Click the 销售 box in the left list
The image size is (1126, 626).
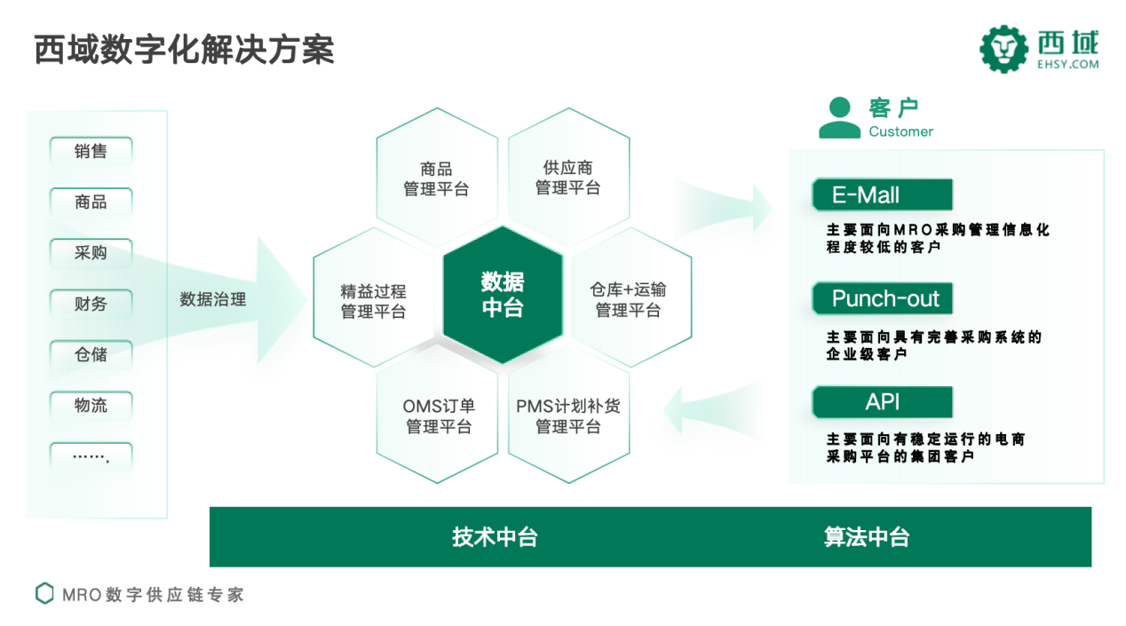[91, 152]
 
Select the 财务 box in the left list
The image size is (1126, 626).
[91, 304]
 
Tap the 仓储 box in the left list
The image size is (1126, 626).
[91, 354]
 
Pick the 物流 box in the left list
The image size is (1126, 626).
[91, 405]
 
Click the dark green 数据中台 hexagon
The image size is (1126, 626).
[503, 295]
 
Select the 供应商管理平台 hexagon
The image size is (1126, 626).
[568, 178]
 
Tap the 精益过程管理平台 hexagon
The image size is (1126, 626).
[373, 301]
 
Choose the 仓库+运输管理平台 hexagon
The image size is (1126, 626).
[628, 299]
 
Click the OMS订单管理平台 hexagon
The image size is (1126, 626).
[439, 416]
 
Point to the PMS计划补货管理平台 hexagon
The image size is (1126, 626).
[568, 416]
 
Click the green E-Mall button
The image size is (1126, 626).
[882, 195]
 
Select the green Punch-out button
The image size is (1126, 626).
[882, 299]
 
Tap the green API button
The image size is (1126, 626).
[882, 402]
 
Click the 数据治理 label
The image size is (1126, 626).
[213, 299]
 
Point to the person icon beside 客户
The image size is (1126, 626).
[839, 118]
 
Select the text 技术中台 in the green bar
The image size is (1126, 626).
[495, 536]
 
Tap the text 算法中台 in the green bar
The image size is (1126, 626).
[867, 536]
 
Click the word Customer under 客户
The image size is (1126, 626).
[900, 131]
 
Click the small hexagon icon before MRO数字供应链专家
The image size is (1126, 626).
[44, 593]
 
